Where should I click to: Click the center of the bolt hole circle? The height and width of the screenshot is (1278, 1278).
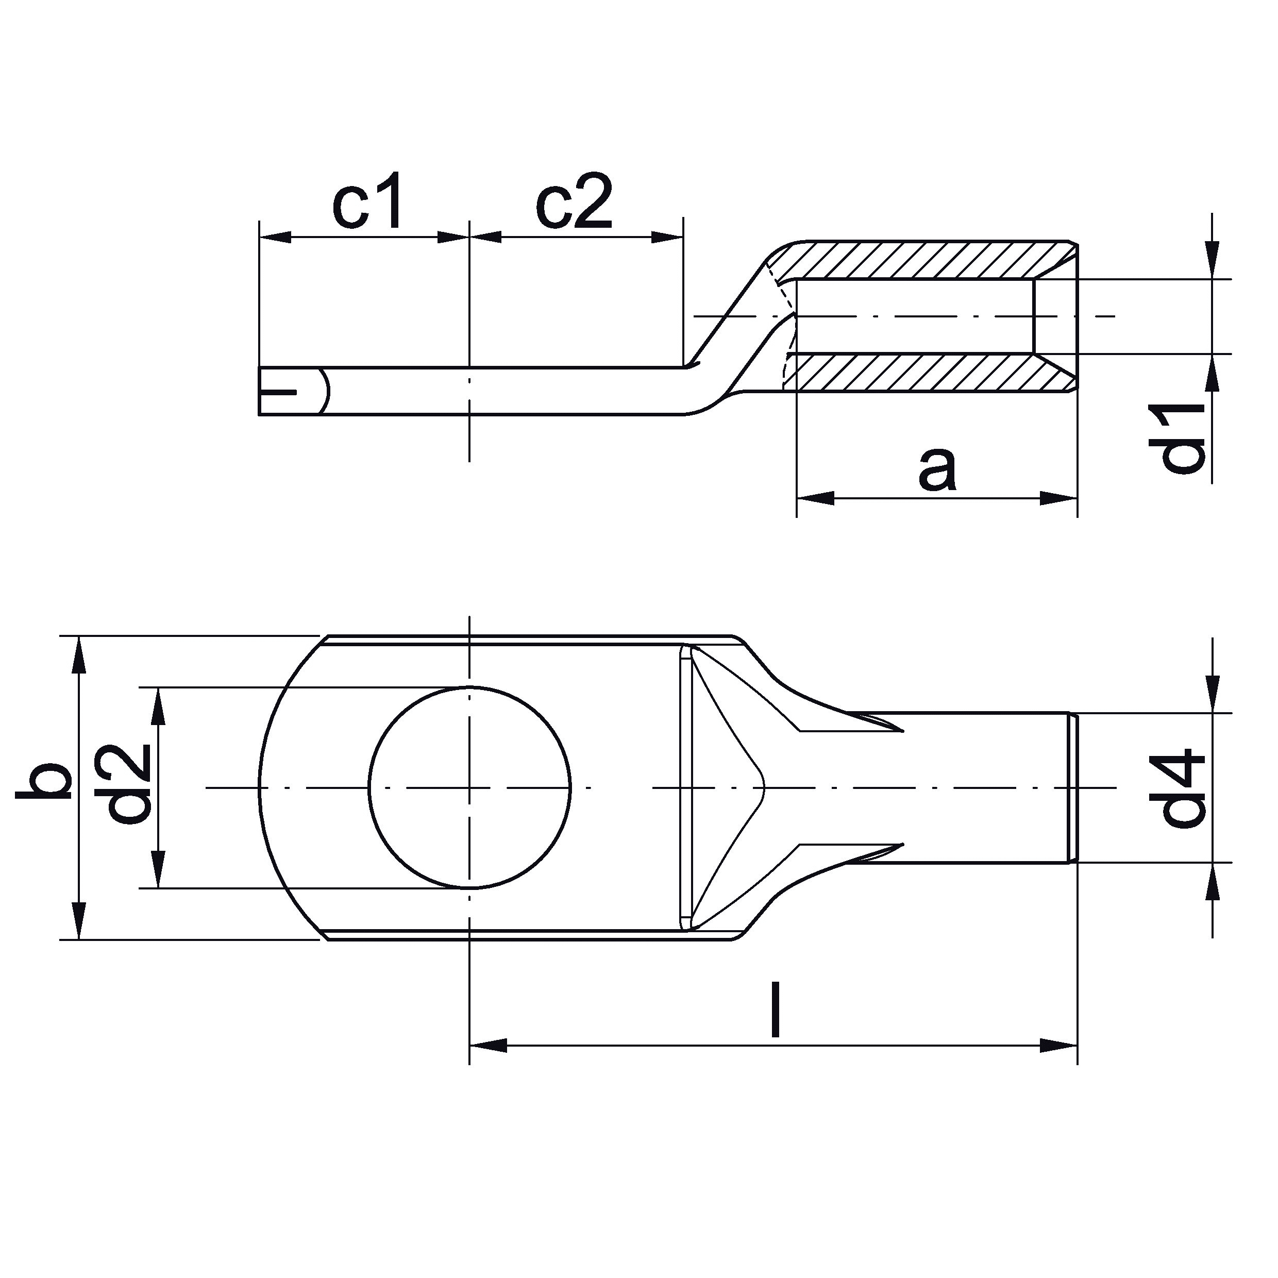[469, 788]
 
